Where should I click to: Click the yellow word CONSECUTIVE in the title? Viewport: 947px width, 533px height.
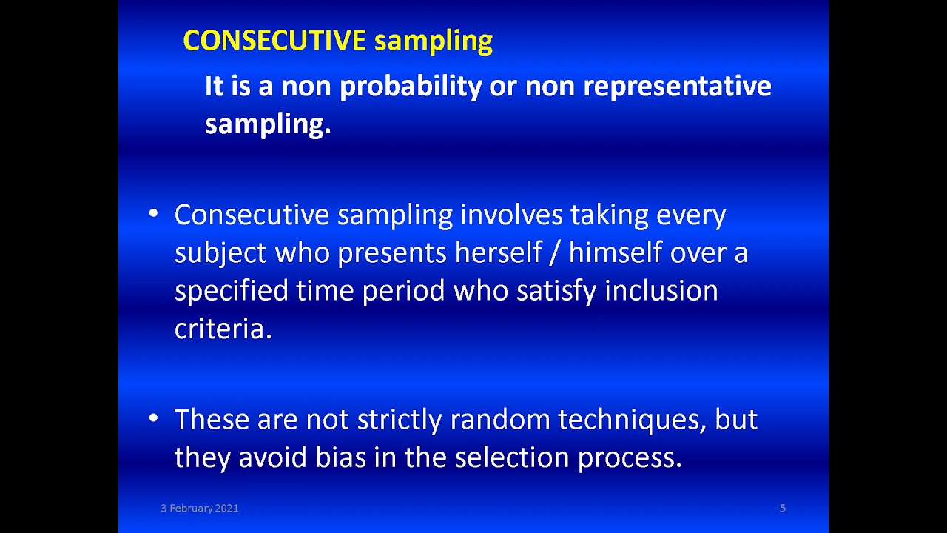pyautogui.click(x=274, y=41)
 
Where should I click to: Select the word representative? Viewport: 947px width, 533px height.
pyautogui.click(x=677, y=87)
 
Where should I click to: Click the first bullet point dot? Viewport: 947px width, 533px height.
pyautogui.click(x=153, y=214)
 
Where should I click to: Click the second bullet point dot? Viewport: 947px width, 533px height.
pyautogui.click(x=153, y=419)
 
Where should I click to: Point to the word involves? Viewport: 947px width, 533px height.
pyautogui.click(x=511, y=215)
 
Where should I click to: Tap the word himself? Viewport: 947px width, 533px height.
pyautogui.click(x=616, y=252)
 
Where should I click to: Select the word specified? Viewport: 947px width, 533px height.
pyautogui.click(x=231, y=291)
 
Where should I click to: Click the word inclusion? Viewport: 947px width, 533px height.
pyautogui.click(x=661, y=290)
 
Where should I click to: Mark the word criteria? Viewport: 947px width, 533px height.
pyautogui.click(x=223, y=328)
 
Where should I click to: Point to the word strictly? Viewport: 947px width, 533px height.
pyautogui.click(x=400, y=420)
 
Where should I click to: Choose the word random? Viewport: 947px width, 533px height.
pyautogui.click(x=500, y=420)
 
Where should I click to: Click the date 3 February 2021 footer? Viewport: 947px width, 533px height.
pyautogui.click(x=199, y=508)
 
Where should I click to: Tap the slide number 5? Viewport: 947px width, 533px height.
pyautogui.click(x=782, y=508)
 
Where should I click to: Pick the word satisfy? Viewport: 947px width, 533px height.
pyautogui.click(x=556, y=291)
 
